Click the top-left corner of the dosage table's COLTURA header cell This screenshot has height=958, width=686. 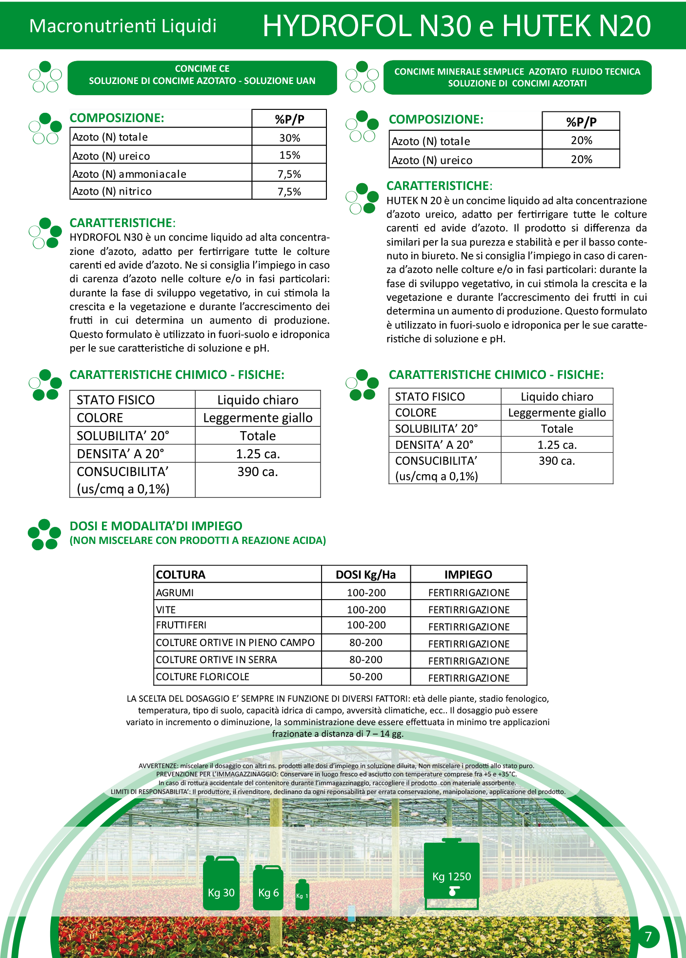[x=154, y=565]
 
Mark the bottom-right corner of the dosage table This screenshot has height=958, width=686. [x=527, y=685]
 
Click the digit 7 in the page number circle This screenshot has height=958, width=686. [x=648, y=936]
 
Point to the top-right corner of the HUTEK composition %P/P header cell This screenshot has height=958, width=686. [x=620, y=112]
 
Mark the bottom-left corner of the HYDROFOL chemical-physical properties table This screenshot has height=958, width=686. [x=70, y=498]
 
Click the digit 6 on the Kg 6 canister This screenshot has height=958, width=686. [x=276, y=893]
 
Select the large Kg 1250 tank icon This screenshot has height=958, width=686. [x=452, y=874]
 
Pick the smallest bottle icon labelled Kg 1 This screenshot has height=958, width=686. [x=302, y=895]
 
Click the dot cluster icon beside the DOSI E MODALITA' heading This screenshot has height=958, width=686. [x=45, y=534]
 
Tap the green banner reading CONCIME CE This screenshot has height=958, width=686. [x=202, y=78]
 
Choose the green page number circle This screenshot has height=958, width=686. [x=648, y=936]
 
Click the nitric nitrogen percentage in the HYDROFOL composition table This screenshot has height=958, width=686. [x=289, y=192]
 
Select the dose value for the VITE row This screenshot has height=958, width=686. [x=366, y=610]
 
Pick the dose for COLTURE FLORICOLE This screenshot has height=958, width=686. [x=366, y=677]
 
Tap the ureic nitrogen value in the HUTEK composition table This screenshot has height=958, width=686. [x=582, y=160]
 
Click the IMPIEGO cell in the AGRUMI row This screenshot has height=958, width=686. [x=469, y=593]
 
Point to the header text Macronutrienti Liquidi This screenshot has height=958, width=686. [x=123, y=26]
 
